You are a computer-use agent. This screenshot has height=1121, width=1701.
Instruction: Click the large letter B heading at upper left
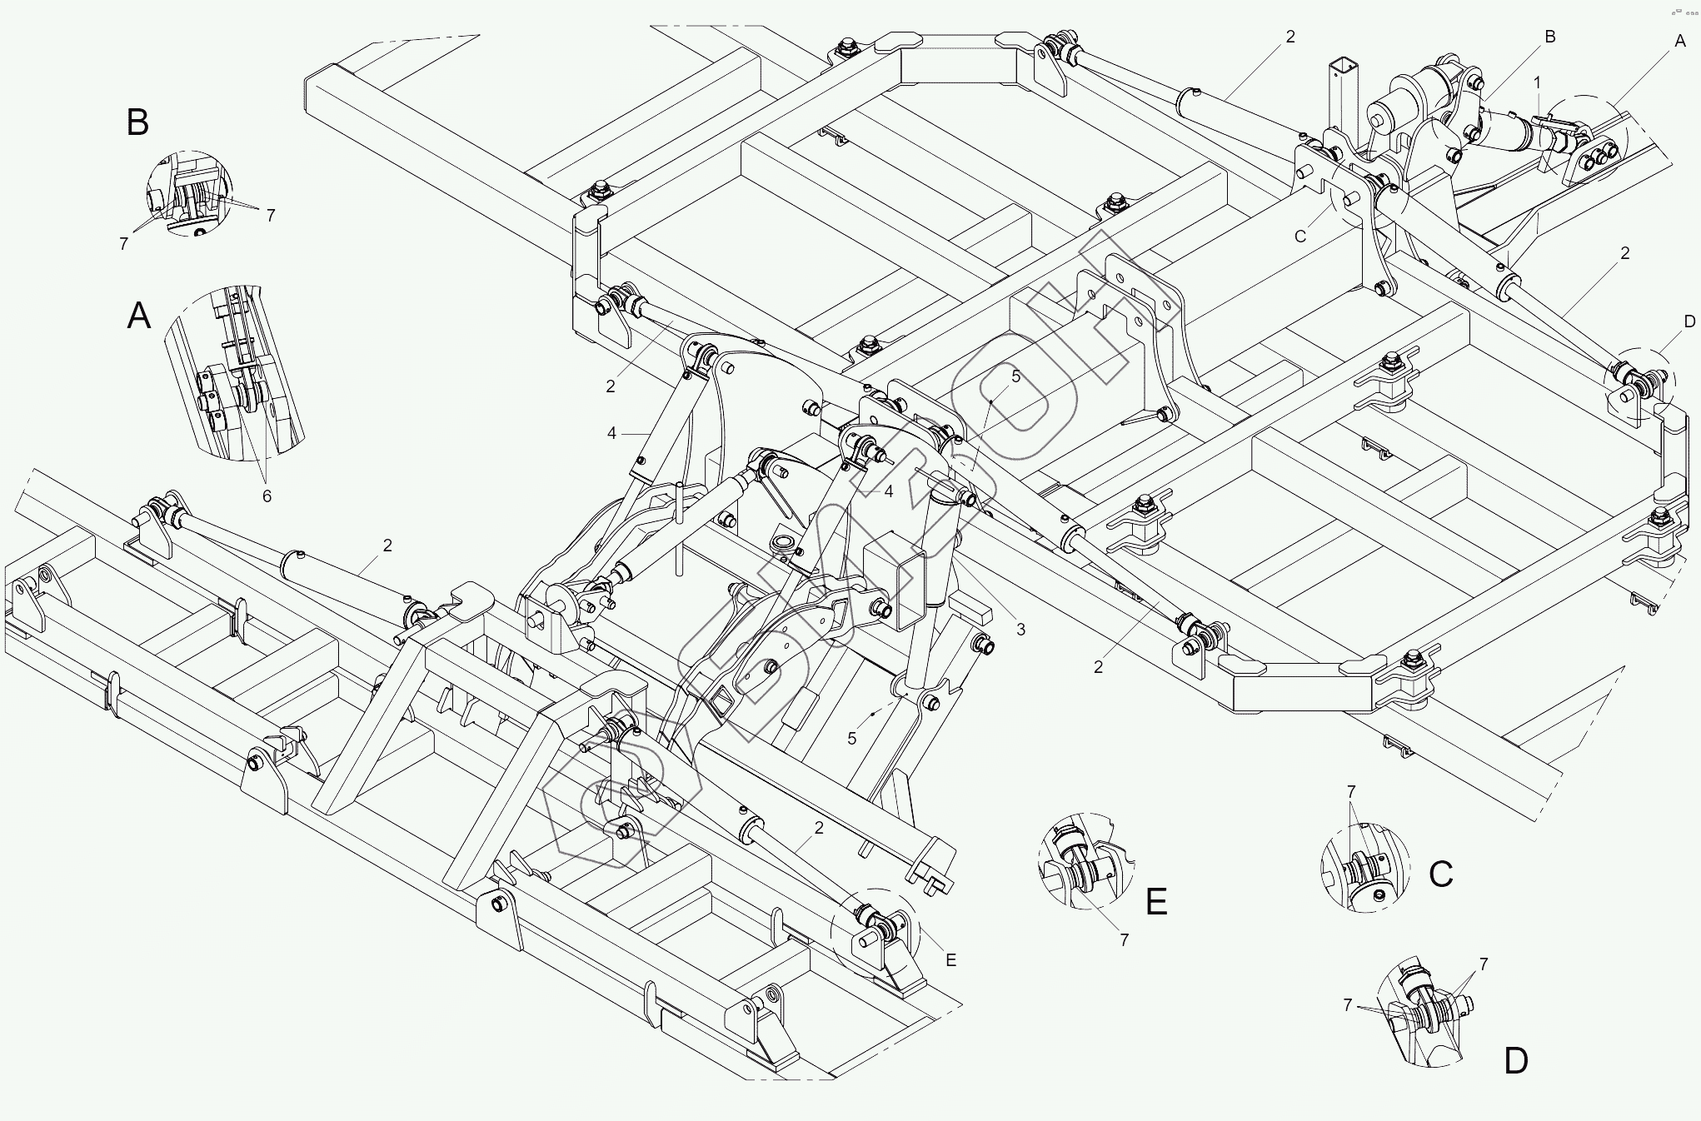pyautogui.click(x=137, y=122)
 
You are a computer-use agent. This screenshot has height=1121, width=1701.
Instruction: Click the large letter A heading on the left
pyautogui.click(x=138, y=316)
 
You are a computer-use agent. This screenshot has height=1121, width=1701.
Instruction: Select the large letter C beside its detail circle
pyautogui.click(x=1440, y=874)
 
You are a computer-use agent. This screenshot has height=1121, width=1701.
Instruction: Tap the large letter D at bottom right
pyautogui.click(x=1515, y=1062)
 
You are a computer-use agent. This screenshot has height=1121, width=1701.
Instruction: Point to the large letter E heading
pyautogui.click(x=1156, y=902)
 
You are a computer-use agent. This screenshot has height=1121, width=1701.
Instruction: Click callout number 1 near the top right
pyautogui.click(x=1537, y=82)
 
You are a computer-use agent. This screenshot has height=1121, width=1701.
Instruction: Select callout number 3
pyautogui.click(x=1020, y=630)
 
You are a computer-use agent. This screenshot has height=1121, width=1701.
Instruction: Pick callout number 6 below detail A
pyautogui.click(x=267, y=496)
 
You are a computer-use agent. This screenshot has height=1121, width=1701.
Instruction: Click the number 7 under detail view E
pyautogui.click(x=1124, y=940)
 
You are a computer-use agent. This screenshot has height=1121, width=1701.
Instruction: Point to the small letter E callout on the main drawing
pyautogui.click(x=950, y=960)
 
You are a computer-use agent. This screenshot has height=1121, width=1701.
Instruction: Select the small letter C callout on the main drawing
pyautogui.click(x=1300, y=237)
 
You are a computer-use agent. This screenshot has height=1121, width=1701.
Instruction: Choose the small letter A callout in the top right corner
pyautogui.click(x=1680, y=41)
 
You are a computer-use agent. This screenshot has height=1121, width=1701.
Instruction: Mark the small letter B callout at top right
pyautogui.click(x=1549, y=37)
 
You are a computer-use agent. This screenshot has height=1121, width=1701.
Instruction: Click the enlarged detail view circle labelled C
pyautogui.click(x=1365, y=868)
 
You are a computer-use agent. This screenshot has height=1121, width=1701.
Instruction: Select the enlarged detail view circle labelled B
pyautogui.click(x=190, y=193)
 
